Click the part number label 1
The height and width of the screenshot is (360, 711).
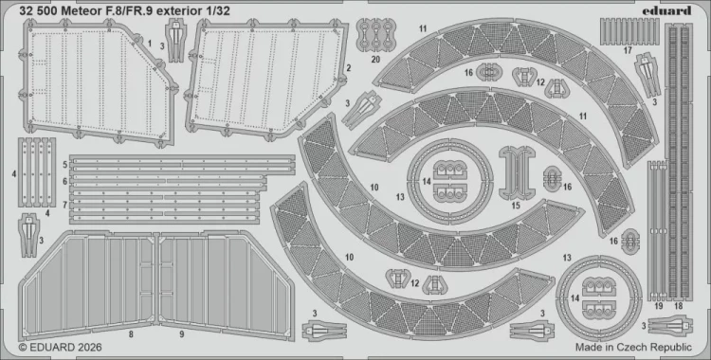tap(149, 43)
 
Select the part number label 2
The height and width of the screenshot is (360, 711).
tap(349, 67)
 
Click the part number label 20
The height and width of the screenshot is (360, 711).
tap(376, 59)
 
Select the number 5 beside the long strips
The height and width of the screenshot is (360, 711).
tap(64, 165)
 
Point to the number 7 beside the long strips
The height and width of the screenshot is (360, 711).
tap(64, 205)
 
